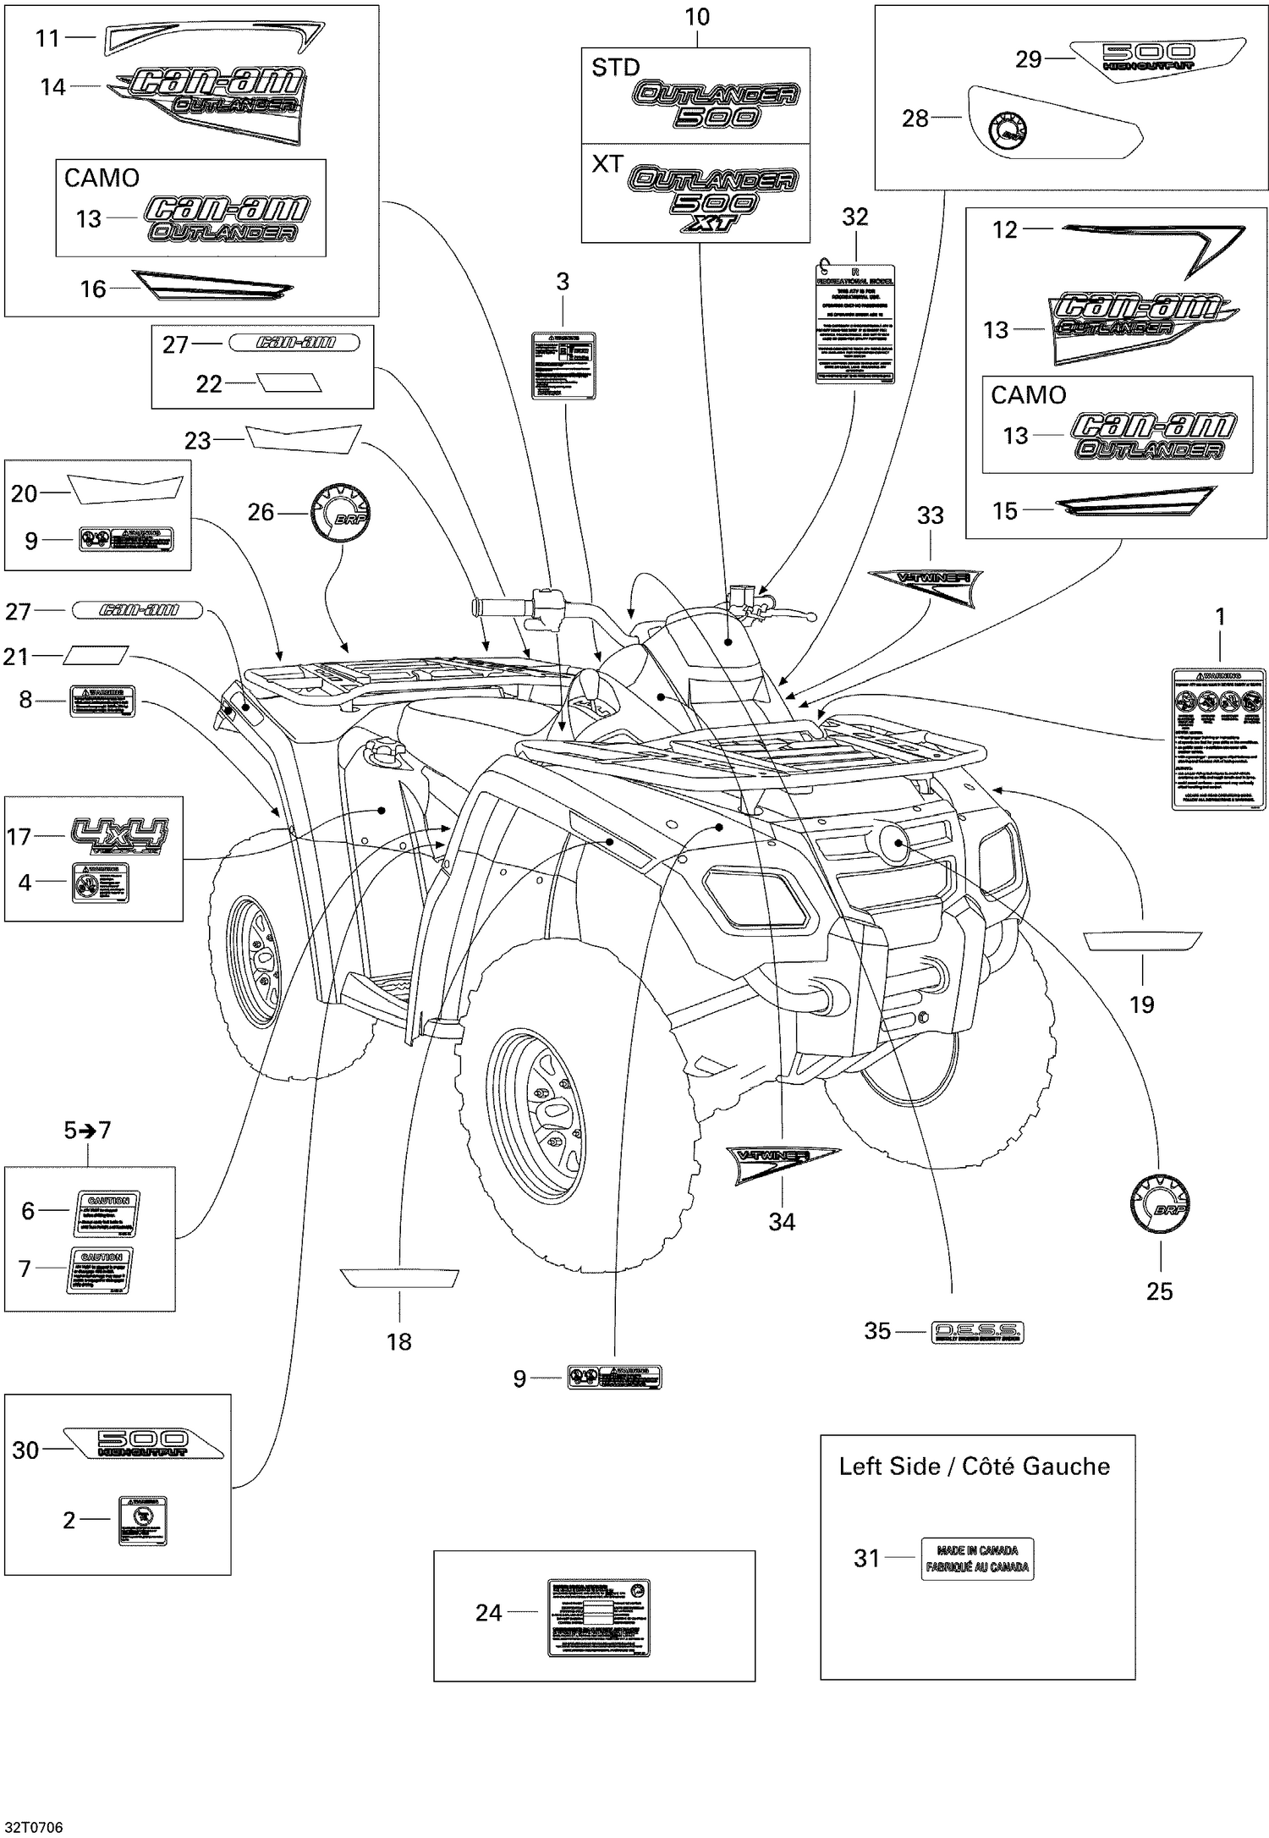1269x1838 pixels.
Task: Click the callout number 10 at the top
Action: (x=697, y=18)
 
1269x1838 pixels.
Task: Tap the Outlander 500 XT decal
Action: (x=712, y=197)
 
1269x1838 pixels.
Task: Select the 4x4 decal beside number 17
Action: (x=119, y=835)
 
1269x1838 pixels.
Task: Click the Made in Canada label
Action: (x=976, y=1558)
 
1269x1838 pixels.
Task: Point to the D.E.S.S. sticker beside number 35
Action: (x=976, y=1332)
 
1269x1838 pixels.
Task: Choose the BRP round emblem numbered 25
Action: (x=1159, y=1205)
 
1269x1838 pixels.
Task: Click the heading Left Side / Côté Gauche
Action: (x=974, y=1467)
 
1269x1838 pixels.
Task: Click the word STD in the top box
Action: (x=615, y=68)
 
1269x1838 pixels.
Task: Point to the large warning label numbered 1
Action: (x=1218, y=738)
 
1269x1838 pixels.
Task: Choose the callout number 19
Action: (x=1141, y=1004)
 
